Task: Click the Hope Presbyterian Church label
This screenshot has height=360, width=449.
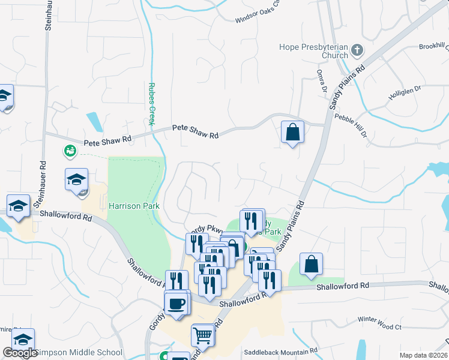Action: click(x=314, y=51)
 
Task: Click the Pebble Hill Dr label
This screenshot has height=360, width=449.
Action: click(x=351, y=127)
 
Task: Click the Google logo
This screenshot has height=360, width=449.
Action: click(x=20, y=353)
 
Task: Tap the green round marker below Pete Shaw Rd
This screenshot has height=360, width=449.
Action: click(x=70, y=151)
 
